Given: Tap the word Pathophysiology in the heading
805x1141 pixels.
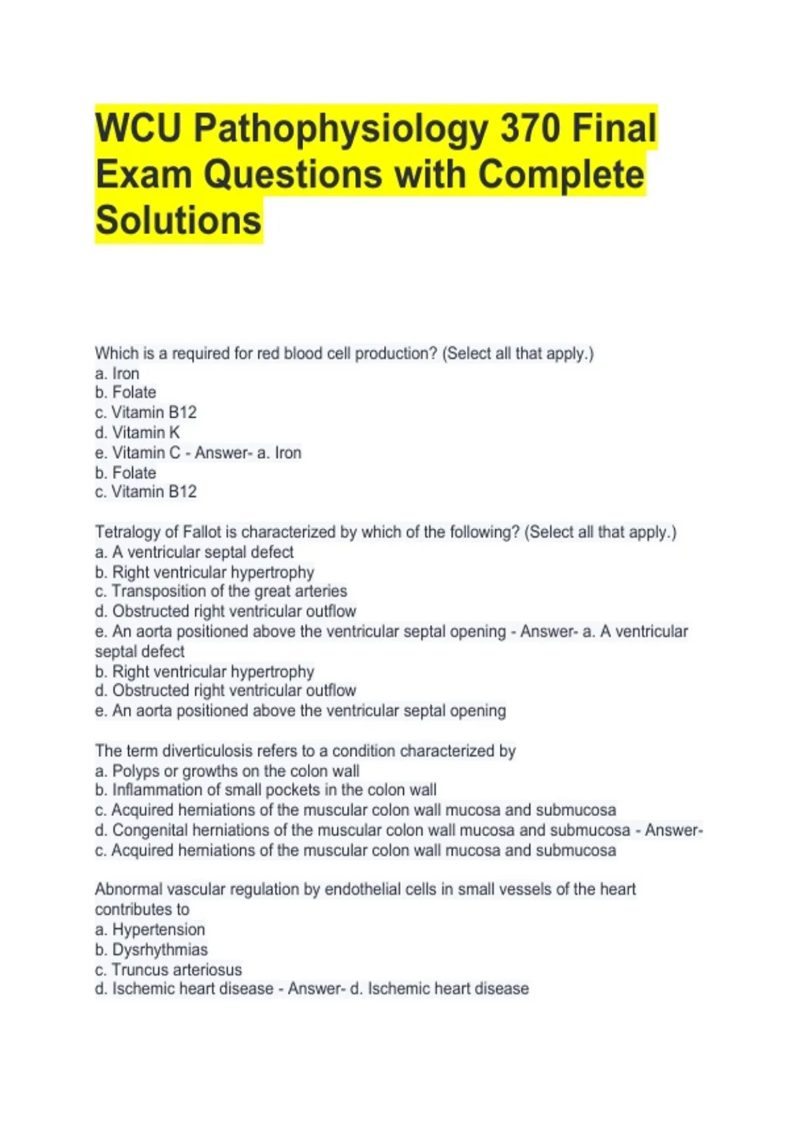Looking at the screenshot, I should pos(341,128).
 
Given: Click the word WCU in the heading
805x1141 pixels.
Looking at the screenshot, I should pos(138,128).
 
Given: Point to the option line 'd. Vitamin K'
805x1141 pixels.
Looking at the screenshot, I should pos(138,432).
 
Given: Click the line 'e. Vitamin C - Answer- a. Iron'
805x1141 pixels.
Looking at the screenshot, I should pos(198,452).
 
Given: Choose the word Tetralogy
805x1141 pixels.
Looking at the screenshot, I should pos(127,532).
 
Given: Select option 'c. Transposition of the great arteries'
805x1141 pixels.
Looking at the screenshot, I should pos(221,591).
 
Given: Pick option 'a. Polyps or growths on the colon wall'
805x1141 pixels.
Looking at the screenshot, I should pos(227,771).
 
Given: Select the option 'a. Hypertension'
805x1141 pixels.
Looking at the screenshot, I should pos(150,930).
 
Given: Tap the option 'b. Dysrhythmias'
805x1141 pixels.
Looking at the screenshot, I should pos(152,950).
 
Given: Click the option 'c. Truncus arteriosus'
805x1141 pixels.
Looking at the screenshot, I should pos(168,969).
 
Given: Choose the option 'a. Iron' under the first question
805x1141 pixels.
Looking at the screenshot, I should pos(117,373).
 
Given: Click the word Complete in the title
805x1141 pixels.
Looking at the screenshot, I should pos(559,175).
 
